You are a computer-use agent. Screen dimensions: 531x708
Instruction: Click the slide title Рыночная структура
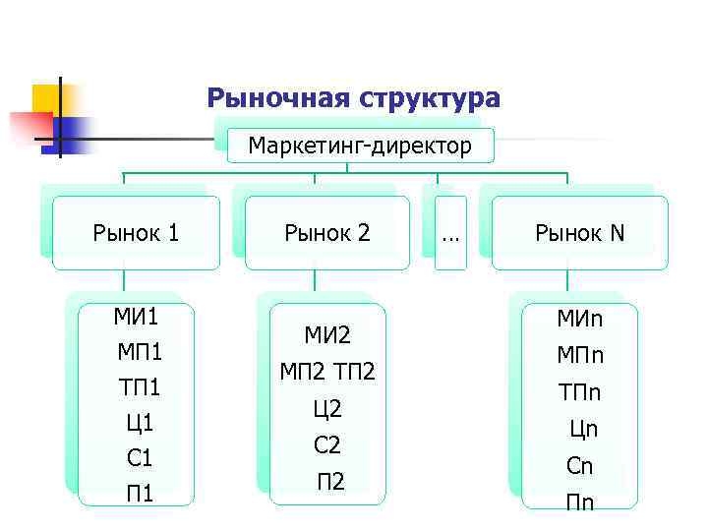click(353, 98)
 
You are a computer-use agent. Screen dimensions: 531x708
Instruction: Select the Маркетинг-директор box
click(360, 147)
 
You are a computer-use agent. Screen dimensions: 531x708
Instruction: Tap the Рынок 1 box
click(136, 233)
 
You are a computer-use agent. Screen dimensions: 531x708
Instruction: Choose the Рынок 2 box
click(327, 233)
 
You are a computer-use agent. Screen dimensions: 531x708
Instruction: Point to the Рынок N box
click(579, 233)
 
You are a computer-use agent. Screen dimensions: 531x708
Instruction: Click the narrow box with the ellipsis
click(450, 234)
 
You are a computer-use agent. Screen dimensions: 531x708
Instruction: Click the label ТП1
click(139, 387)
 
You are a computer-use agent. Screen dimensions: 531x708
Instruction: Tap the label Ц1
click(139, 423)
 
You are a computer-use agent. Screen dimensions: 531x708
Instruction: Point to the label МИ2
click(326, 336)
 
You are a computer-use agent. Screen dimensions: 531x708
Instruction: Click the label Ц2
click(327, 408)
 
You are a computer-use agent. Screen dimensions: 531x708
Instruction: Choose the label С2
click(327, 444)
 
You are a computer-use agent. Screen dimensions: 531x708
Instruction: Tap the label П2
click(330, 481)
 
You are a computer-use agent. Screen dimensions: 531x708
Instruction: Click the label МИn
click(580, 320)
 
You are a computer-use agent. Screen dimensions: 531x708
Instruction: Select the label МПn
click(580, 356)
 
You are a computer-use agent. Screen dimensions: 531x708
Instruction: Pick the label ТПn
click(580, 392)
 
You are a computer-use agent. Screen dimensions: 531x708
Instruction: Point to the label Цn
click(583, 429)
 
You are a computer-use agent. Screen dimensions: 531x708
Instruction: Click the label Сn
click(580, 466)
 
